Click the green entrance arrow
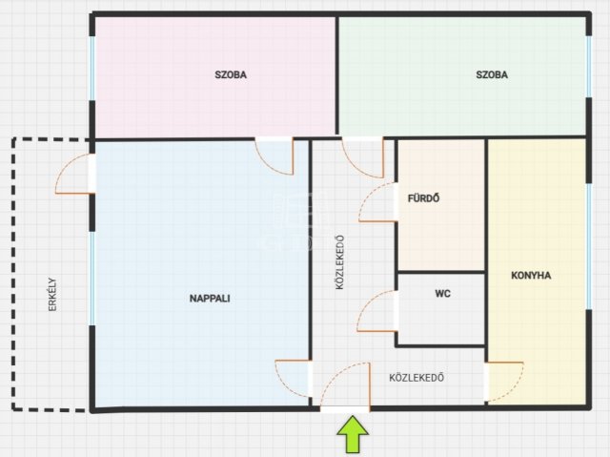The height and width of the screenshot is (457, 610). click(353, 434)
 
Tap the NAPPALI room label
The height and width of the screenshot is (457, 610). click(210, 299)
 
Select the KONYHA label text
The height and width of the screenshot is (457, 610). click(531, 275)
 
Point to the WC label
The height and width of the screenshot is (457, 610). click(442, 293)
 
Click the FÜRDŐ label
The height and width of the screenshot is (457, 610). click(423, 197)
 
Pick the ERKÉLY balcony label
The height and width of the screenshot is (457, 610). click(52, 294)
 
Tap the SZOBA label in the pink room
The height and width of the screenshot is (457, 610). click(231, 74)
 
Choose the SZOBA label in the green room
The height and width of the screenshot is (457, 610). click(492, 74)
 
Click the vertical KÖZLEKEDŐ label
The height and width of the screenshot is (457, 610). click(339, 262)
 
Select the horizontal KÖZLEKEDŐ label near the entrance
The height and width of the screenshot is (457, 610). click(417, 377)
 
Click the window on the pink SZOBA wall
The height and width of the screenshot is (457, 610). click(92, 68)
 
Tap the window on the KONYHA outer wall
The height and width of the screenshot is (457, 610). click(589, 246)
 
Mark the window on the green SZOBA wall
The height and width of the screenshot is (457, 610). click(589, 66)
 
